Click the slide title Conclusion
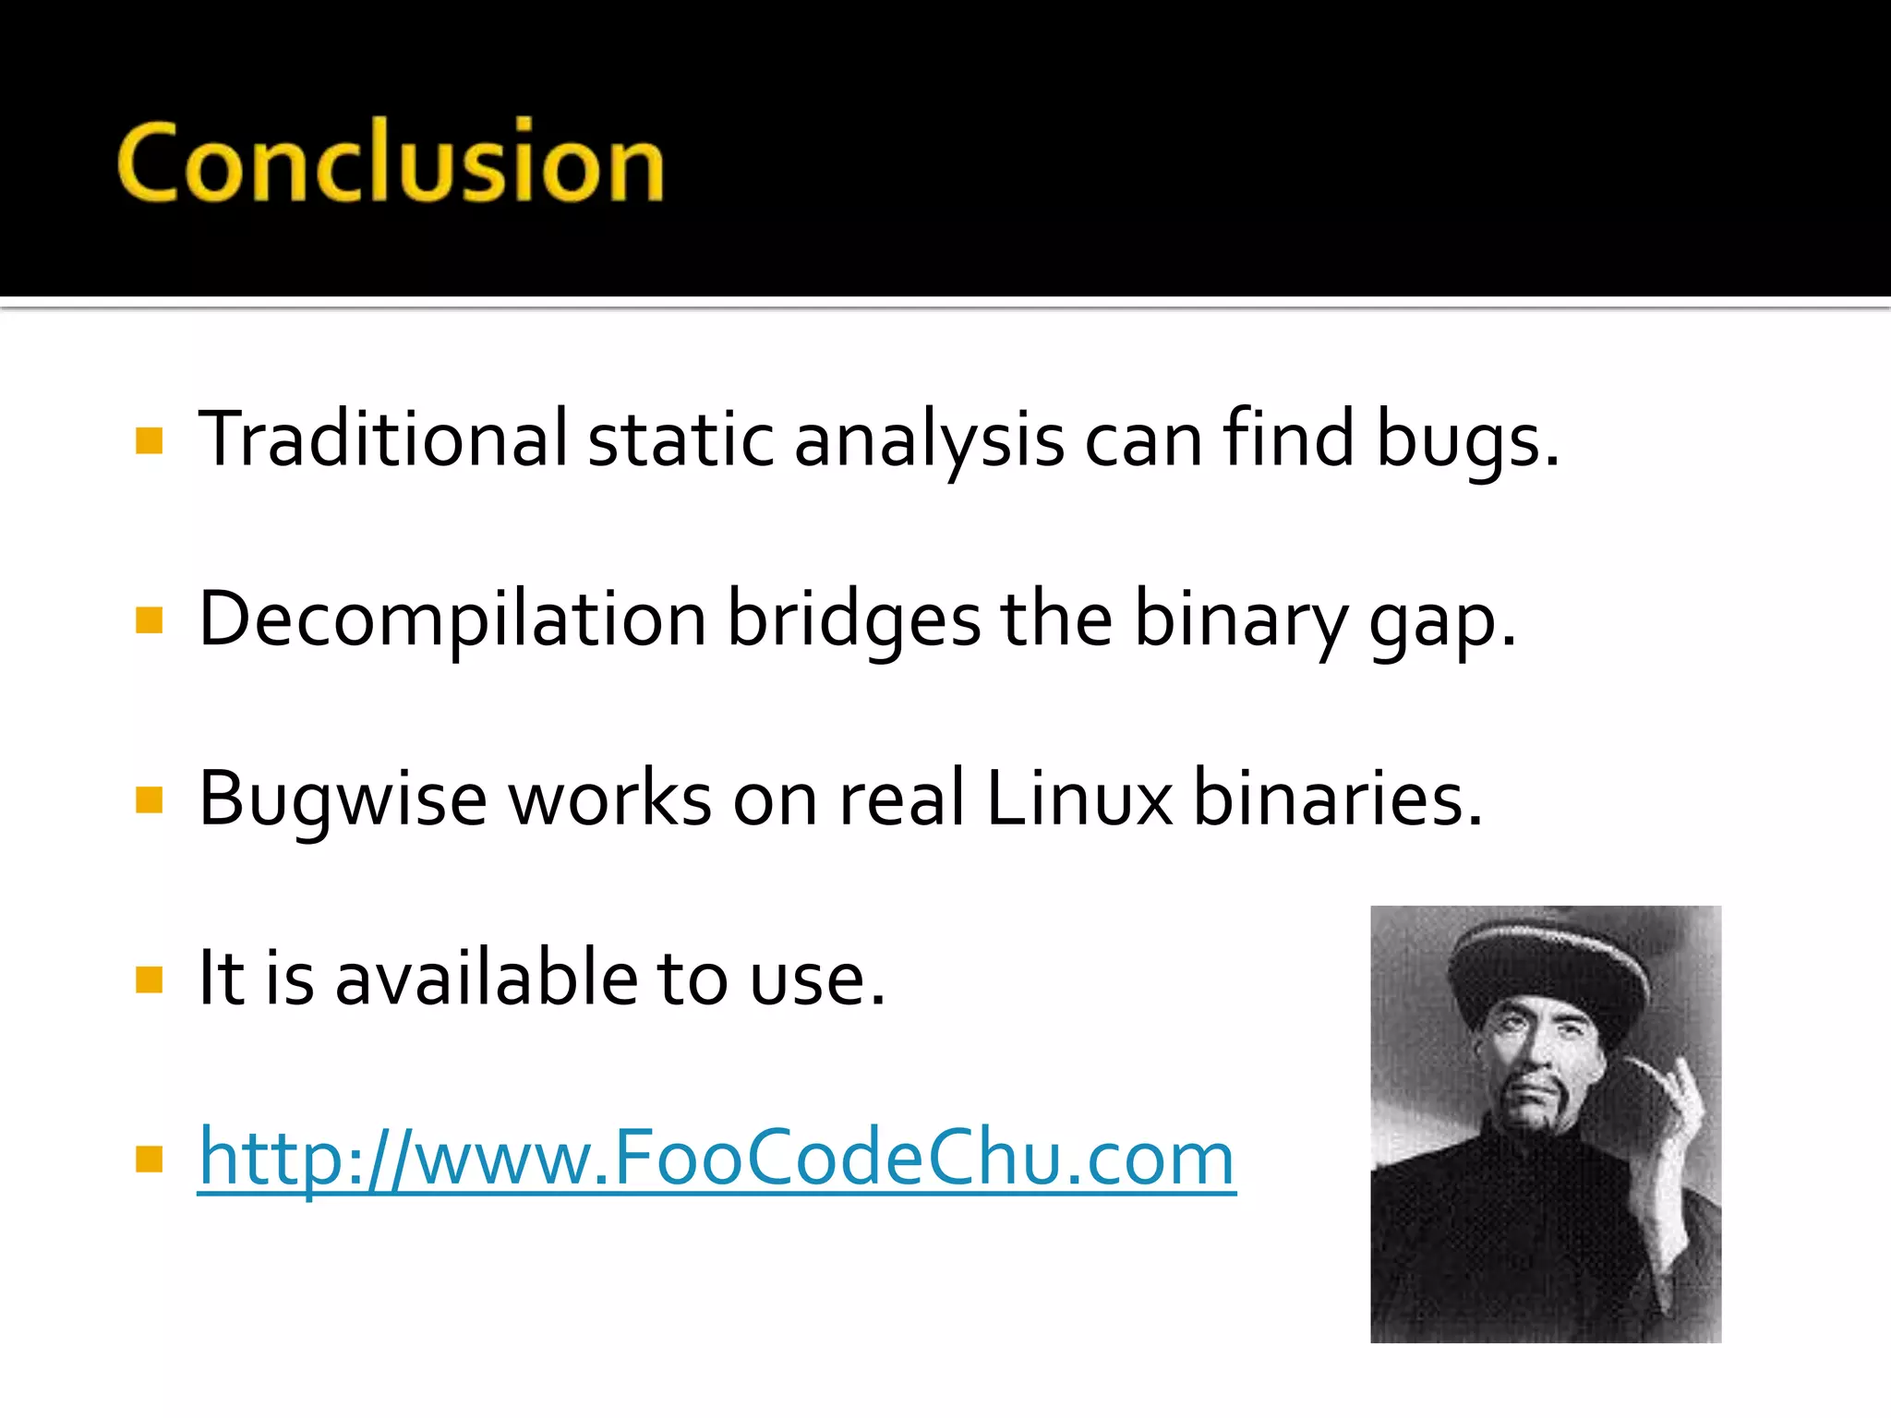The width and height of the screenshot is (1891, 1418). point(390,162)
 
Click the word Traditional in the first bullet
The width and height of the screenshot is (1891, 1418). point(382,439)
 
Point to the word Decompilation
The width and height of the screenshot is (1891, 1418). point(452,620)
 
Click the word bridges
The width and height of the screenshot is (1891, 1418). point(853,620)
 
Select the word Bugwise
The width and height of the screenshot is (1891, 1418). point(342,799)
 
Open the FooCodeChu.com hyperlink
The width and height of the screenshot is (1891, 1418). point(717,1158)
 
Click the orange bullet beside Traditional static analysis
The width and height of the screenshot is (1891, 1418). point(149,440)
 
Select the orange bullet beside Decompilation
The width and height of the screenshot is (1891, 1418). point(149,619)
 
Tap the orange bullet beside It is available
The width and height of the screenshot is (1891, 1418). point(149,979)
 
